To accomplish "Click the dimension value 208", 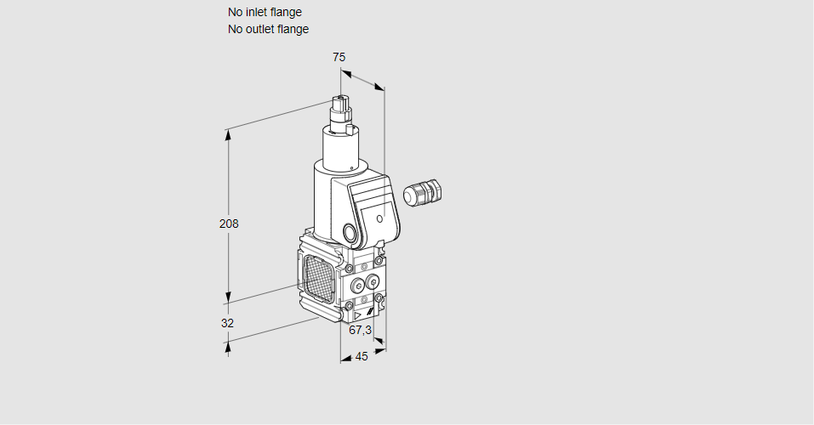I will tap(229, 224).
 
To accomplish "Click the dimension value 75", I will tap(339, 57).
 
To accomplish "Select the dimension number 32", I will tap(227, 323).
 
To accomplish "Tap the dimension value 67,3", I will tap(361, 330).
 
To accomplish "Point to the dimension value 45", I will tap(361, 357).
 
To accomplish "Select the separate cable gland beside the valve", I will tap(422, 193).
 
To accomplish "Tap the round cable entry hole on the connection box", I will tap(350, 232).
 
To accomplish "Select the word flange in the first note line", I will tap(287, 13).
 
